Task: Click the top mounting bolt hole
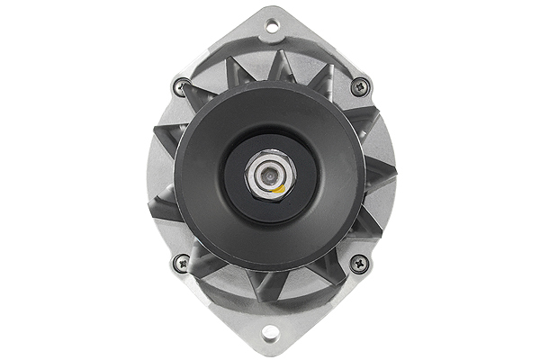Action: click(271, 26)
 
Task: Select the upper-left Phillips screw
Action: click(180, 87)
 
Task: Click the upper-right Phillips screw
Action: click(360, 87)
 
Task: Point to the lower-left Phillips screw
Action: click(180, 264)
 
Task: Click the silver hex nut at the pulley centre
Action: click(268, 174)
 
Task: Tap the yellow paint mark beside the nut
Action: click(281, 190)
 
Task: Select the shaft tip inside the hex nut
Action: click(267, 173)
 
